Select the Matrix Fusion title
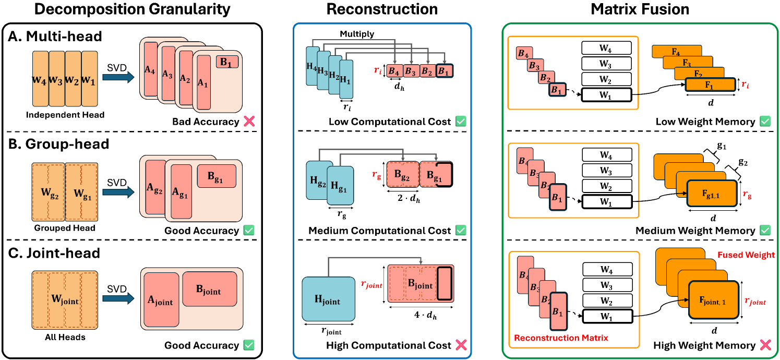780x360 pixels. (640, 9)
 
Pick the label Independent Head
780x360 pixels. (64, 114)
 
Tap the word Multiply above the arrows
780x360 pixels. (357, 34)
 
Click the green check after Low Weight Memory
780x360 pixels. (764, 122)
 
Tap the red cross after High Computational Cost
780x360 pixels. (460, 345)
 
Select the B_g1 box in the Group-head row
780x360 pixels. (217, 176)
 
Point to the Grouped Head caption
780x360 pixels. (64, 228)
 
